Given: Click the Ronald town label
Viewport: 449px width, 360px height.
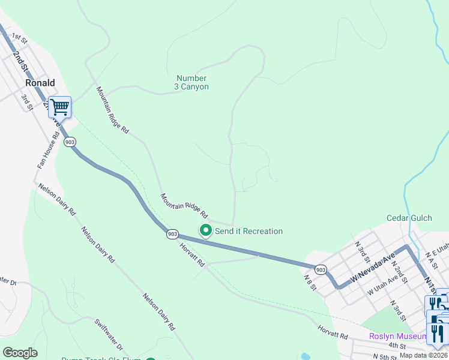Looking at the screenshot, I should [x=40, y=83].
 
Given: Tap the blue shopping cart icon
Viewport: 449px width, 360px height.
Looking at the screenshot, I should [x=59, y=107].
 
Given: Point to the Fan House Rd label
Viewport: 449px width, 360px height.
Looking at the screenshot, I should [x=48, y=151].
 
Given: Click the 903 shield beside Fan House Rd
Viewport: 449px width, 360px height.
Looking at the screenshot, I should [x=70, y=142].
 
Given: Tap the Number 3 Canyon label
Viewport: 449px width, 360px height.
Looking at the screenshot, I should [x=192, y=83].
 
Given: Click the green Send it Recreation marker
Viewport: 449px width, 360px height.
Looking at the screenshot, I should [x=205, y=230].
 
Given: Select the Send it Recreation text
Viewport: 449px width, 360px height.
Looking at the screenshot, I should [x=249, y=231].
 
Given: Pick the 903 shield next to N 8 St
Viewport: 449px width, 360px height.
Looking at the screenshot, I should [x=321, y=269].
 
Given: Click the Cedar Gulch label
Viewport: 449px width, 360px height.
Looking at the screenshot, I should [x=409, y=218].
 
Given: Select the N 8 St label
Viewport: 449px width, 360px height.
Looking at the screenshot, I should [x=310, y=281].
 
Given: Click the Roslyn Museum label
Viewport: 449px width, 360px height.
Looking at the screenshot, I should [x=397, y=336].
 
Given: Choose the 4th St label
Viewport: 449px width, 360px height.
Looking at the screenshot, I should [x=397, y=346].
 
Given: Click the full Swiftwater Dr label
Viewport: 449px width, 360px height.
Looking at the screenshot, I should [x=109, y=335].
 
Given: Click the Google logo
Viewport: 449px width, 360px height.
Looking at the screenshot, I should [x=20, y=353].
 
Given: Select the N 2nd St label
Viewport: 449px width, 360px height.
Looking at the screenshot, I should [x=399, y=274].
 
